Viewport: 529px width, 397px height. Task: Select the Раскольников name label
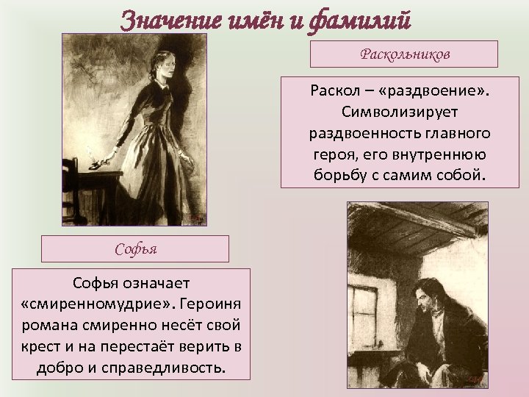(x=403, y=54)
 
